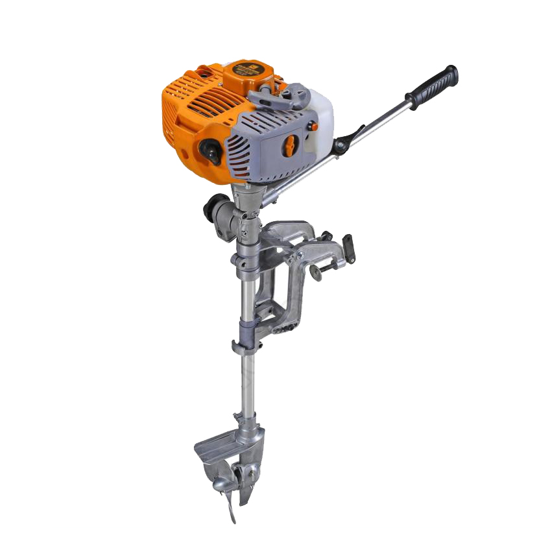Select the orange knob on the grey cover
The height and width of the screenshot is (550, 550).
click(x=290, y=145)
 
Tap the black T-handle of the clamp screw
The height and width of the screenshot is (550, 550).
click(x=348, y=247)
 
